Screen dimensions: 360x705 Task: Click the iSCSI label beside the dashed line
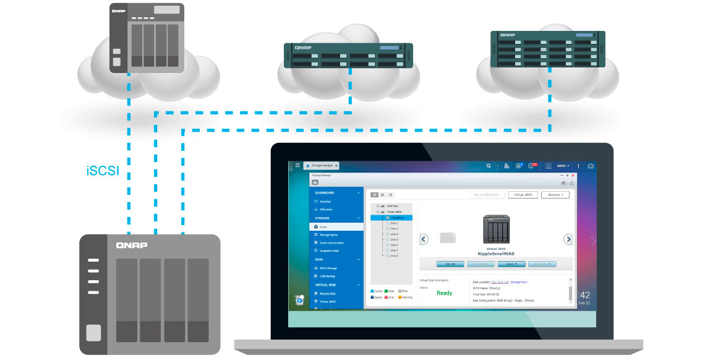tap(103, 171)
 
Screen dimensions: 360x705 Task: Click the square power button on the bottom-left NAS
tap(93, 333)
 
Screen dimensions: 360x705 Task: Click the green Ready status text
tap(444, 293)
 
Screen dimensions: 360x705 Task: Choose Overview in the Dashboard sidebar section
tap(325, 202)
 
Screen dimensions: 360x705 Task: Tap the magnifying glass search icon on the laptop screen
tap(489, 166)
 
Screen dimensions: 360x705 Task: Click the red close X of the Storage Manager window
tap(573, 176)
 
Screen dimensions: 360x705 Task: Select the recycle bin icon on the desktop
tap(299, 300)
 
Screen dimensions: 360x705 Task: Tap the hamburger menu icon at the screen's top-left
tap(297, 165)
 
